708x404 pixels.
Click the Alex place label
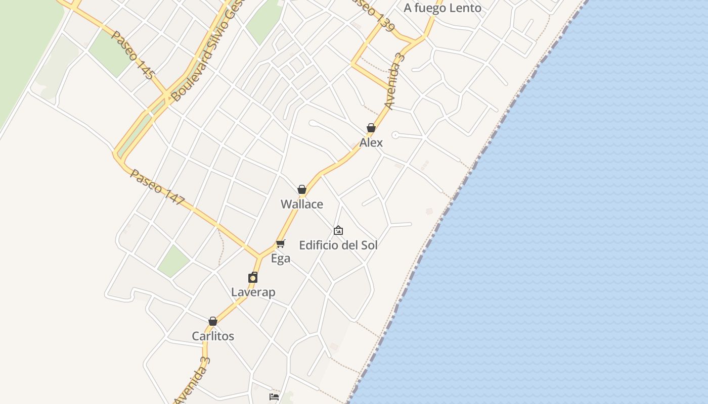click(x=371, y=143)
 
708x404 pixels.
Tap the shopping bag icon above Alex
click(x=371, y=128)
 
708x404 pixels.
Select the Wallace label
click(x=302, y=205)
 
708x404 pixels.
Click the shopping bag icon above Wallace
click(x=302, y=189)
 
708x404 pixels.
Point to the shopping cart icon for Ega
click(x=281, y=244)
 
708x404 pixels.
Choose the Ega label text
click(x=281, y=259)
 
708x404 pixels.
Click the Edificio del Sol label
click(x=338, y=245)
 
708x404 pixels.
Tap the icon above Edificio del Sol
click(x=338, y=231)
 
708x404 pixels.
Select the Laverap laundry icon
click(x=253, y=277)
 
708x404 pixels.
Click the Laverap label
click(x=253, y=292)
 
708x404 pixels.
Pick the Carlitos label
click(x=213, y=336)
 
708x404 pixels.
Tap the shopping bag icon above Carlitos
click(x=213, y=321)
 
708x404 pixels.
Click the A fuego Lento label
click(x=442, y=8)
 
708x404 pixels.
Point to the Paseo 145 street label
click(x=132, y=55)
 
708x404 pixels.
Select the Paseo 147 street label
click(x=158, y=187)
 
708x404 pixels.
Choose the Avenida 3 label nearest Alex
click(x=395, y=81)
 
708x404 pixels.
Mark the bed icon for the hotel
click(x=274, y=397)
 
